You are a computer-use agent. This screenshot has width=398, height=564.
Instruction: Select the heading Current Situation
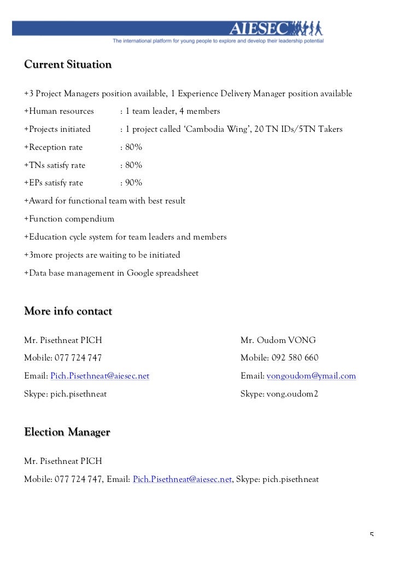68,65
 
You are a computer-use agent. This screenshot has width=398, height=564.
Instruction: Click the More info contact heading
68,312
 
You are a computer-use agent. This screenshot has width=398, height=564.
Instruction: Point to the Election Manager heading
67,433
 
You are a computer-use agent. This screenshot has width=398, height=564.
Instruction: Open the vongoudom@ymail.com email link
311,376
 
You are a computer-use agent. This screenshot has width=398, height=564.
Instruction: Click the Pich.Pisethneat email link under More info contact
99,376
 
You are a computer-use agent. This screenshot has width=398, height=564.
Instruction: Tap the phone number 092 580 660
295,358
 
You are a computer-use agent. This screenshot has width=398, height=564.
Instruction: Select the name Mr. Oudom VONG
278,340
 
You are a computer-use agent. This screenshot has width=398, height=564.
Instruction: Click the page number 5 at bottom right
372,536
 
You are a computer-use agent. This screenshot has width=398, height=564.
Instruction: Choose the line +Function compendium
69,219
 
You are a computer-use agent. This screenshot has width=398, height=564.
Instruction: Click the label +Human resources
59,111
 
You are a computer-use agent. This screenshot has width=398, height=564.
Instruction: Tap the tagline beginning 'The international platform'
218,41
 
